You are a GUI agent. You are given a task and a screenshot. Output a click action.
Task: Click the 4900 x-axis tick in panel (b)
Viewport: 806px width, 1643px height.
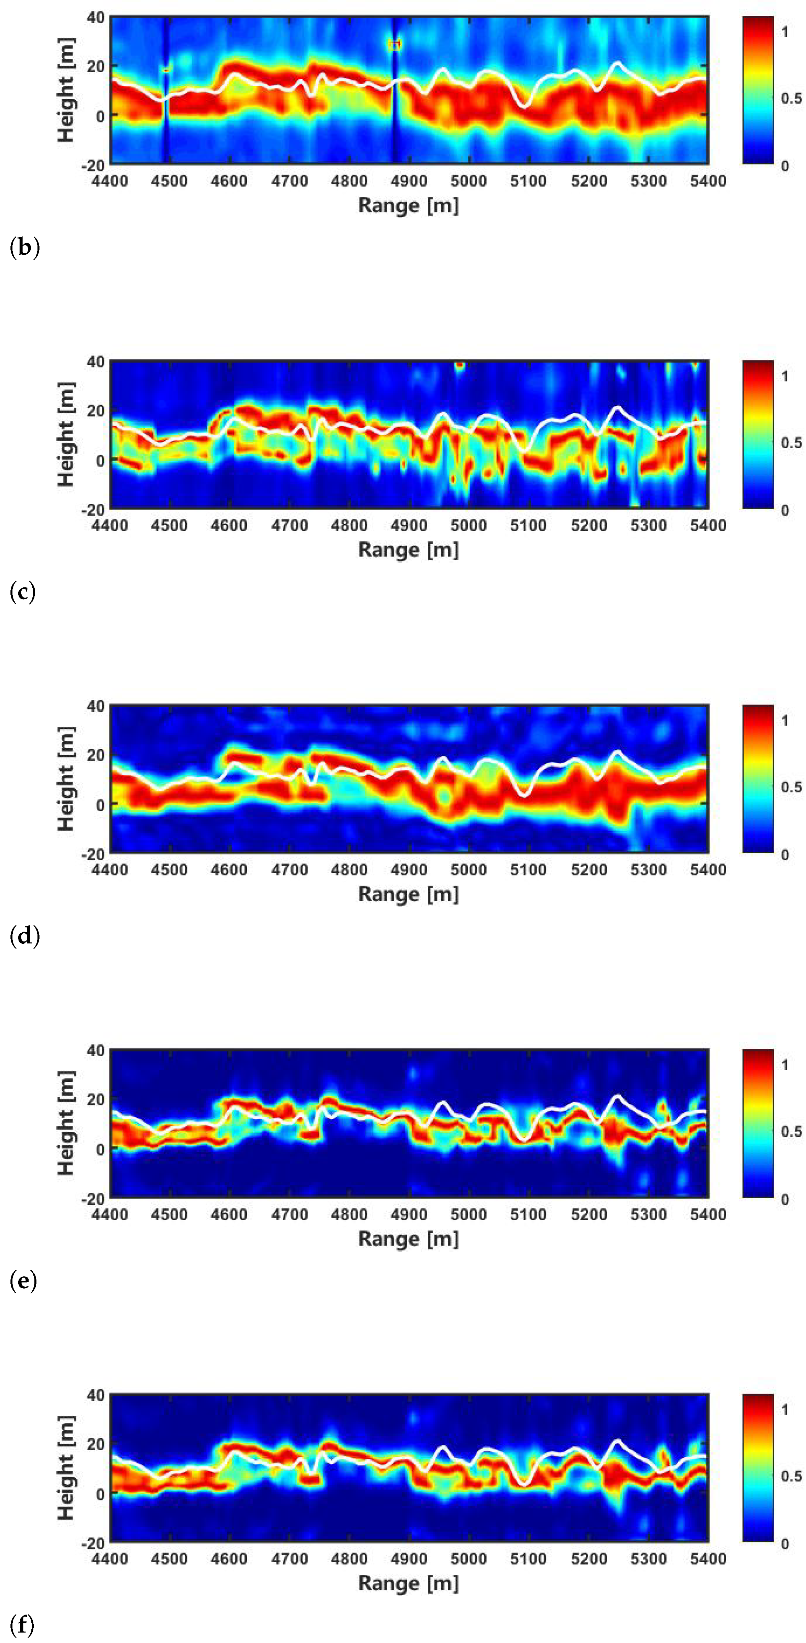click(409, 181)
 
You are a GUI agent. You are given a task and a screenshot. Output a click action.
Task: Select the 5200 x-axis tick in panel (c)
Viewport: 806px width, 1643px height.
click(588, 526)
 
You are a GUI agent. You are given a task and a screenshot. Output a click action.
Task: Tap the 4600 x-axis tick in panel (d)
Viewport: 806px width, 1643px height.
click(229, 870)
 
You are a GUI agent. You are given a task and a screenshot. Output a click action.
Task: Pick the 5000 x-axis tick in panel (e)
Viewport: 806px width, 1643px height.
click(469, 1215)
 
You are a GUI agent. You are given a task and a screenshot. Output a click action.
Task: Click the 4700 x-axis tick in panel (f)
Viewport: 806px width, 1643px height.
click(289, 1559)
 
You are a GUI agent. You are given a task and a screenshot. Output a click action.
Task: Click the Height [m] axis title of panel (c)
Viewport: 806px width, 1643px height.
click(66, 434)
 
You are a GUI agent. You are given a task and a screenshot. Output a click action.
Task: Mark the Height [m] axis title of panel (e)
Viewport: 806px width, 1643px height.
click(66, 1123)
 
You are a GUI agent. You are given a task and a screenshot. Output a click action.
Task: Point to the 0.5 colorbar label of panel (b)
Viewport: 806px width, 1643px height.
click(791, 98)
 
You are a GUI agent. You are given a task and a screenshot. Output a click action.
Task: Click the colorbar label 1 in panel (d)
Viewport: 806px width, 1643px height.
click(785, 721)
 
